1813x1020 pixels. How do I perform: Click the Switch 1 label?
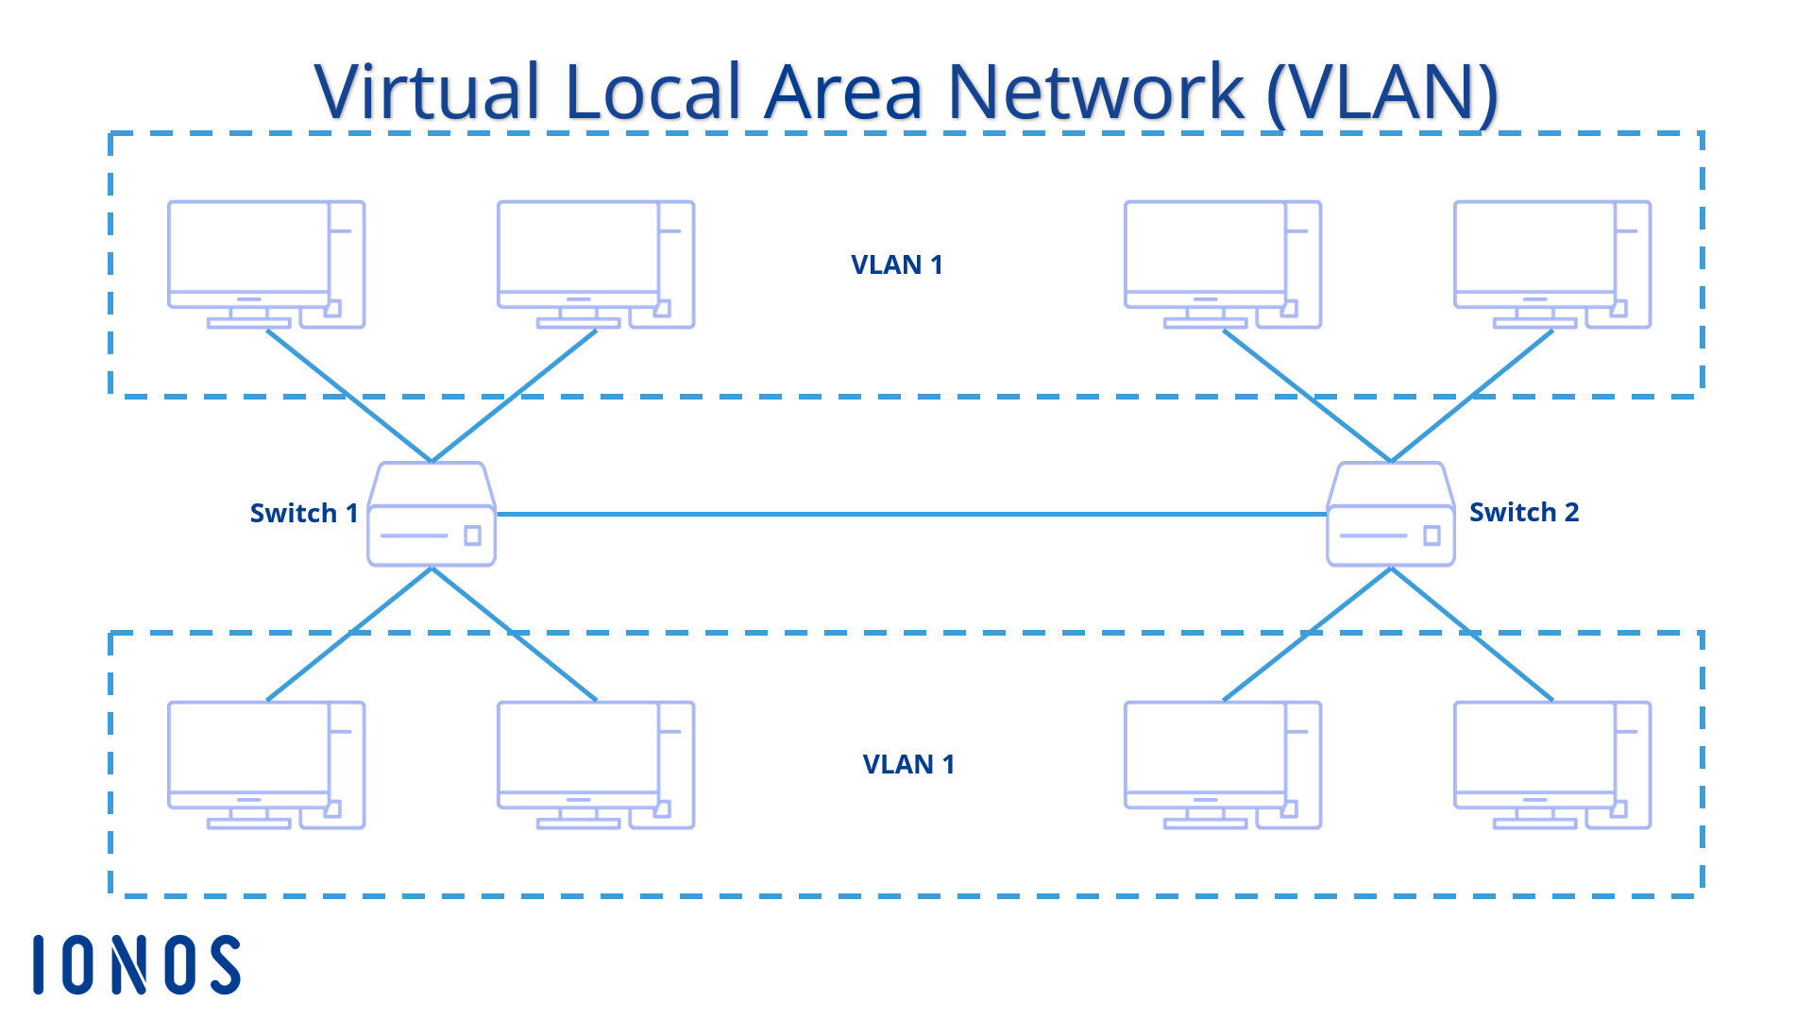tap(303, 513)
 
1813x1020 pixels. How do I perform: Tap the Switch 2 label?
tap(1523, 512)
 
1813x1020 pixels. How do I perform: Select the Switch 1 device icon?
tap(432, 516)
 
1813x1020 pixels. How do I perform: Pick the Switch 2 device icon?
tap(1391, 516)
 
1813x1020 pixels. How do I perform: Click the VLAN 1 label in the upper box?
tap(896, 264)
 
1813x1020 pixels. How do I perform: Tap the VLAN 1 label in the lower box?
tap(908, 764)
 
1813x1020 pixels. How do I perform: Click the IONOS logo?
tap(137, 964)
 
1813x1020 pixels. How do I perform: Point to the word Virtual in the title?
tap(427, 92)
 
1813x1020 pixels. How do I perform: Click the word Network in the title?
tap(1095, 92)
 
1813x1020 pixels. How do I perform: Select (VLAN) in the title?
tap(1381, 92)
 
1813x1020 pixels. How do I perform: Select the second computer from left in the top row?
tap(595, 264)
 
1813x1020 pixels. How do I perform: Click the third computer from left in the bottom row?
tap(1222, 765)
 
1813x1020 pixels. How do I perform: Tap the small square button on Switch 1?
tap(473, 535)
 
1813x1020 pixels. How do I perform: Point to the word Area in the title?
tap(843, 92)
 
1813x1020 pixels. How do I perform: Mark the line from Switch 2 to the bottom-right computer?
tap(1473, 635)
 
